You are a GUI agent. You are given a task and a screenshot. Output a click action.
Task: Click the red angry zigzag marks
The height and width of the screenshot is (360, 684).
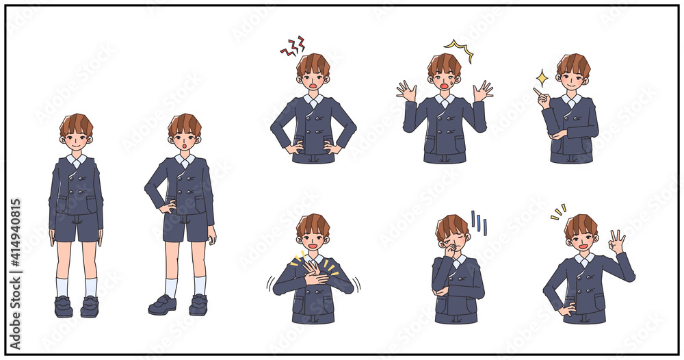(x=293, y=47)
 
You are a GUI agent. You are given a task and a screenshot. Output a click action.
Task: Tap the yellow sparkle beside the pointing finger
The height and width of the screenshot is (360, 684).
(x=542, y=78)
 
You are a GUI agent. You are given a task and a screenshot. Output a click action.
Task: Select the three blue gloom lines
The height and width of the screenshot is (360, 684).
(x=479, y=222)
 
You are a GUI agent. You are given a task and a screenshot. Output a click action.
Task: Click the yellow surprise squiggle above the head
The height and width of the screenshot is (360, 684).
(x=460, y=49)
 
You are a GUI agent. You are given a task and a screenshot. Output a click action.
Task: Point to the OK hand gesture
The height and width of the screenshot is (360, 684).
(x=617, y=242)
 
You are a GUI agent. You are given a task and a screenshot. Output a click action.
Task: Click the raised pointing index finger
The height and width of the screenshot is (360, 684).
(x=537, y=92)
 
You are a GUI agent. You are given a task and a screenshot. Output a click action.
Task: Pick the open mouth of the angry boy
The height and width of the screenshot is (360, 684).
(x=313, y=86)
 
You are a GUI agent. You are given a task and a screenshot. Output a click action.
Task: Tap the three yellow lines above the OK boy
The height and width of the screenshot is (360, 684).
(x=558, y=211)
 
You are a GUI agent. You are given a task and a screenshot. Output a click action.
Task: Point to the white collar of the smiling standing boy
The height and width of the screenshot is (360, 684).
(x=77, y=160)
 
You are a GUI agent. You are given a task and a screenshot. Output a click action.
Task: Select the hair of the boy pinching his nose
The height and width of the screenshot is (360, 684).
(x=451, y=226)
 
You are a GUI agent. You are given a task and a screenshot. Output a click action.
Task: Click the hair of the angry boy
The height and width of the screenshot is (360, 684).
(x=313, y=64)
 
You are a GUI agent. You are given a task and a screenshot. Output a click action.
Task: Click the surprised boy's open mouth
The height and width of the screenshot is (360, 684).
(x=445, y=86)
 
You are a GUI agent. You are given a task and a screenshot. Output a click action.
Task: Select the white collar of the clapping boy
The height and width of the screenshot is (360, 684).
(x=313, y=260)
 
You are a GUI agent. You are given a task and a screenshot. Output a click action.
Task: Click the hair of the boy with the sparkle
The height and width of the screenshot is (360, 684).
(x=573, y=65)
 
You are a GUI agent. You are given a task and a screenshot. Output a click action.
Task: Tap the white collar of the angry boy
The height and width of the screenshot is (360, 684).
(x=313, y=100)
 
